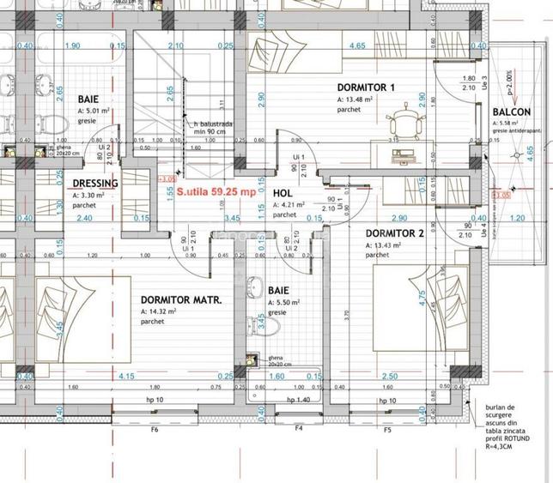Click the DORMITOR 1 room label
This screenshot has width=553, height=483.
click(366, 88)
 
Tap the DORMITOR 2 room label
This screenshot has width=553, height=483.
click(395, 233)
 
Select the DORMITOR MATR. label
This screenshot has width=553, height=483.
click(181, 300)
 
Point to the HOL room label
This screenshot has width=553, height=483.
click(283, 195)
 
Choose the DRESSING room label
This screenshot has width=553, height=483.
click(95, 184)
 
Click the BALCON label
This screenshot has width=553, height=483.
click(512, 112)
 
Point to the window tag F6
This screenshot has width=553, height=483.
click(155, 429)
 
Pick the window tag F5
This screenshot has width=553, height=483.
click(388, 429)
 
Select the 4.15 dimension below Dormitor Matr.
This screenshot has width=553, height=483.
click(126, 376)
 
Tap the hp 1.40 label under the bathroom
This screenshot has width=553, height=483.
click(301, 401)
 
